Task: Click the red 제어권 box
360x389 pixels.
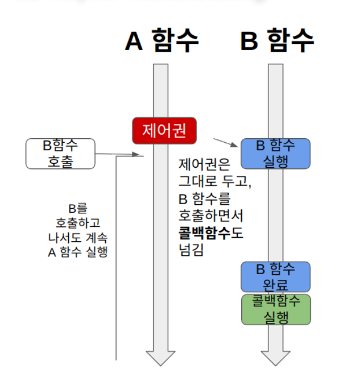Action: click(164, 131)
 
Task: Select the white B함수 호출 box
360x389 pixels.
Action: click(60, 153)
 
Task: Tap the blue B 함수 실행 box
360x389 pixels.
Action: click(276, 154)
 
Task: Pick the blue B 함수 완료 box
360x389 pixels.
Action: click(276, 276)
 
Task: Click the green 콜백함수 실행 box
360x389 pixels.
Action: click(276, 309)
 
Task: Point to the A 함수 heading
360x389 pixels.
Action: click(162, 40)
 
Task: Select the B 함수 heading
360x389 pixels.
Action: click(277, 40)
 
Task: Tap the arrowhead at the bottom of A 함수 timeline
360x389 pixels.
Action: click(161, 358)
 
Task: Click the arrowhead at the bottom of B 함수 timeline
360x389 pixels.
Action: click(276, 358)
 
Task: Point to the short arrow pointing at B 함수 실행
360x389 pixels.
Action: click(226, 142)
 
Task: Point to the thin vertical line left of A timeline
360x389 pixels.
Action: click(117, 256)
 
